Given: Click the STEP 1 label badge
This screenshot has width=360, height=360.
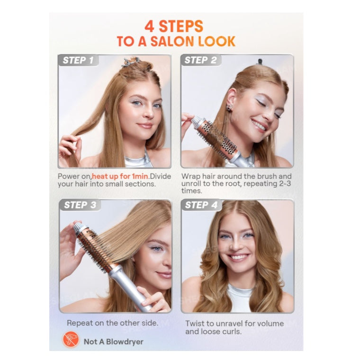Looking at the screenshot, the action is click(79, 60).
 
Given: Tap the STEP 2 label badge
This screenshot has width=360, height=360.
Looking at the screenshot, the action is click(201, 60).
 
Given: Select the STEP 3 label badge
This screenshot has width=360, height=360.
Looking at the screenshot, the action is click(80, 205).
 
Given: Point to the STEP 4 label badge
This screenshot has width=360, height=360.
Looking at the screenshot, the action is click(201, 205).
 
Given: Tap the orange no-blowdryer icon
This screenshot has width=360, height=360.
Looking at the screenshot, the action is click(71, 339).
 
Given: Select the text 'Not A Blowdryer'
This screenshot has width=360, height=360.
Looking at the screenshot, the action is click(113, 342).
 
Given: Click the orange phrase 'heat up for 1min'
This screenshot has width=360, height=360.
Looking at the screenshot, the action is click(120, 176).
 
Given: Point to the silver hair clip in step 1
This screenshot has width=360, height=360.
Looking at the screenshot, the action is click(131, 62).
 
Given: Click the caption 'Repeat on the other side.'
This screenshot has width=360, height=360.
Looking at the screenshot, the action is click(113, 323).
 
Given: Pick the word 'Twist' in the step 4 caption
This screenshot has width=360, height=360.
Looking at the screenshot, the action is click(195, 324).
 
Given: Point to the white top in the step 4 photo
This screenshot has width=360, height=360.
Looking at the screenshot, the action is click(240, 298).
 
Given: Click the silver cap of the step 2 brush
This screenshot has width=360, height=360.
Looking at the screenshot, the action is click(197, 121).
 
